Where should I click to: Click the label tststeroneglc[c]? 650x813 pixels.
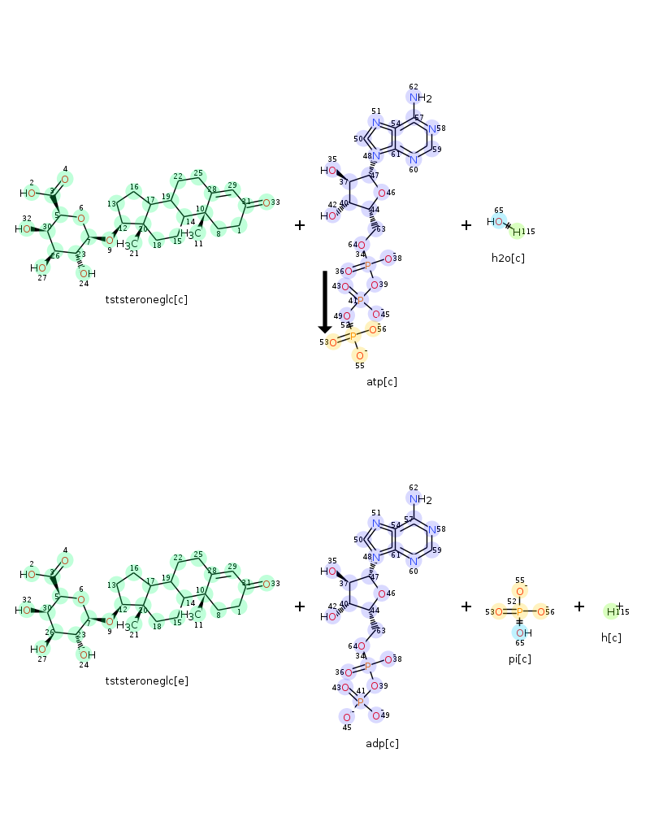146,299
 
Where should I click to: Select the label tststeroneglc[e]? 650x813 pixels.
146,680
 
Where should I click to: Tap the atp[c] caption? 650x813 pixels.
382,381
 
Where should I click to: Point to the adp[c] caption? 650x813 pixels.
382,743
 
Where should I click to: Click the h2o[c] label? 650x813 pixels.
508,258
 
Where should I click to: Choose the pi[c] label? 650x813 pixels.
520,659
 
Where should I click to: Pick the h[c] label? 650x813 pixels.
611,637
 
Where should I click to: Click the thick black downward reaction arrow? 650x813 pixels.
325,301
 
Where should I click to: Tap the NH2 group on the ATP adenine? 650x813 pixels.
419,98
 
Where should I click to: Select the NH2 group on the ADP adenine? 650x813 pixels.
419,499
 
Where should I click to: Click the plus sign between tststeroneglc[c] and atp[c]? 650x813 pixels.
300,225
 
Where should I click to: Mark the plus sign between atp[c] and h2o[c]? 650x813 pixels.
466,225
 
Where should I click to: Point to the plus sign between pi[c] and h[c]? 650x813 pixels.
579,606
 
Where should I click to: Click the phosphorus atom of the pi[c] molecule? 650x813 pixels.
520,611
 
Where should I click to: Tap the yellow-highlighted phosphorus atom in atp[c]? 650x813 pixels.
353,337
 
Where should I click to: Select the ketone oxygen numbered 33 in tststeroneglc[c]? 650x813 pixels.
266,202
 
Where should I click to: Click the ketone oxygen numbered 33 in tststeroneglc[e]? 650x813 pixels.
266,584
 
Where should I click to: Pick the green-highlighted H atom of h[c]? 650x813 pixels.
611,611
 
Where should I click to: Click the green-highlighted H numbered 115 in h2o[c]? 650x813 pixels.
517,233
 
